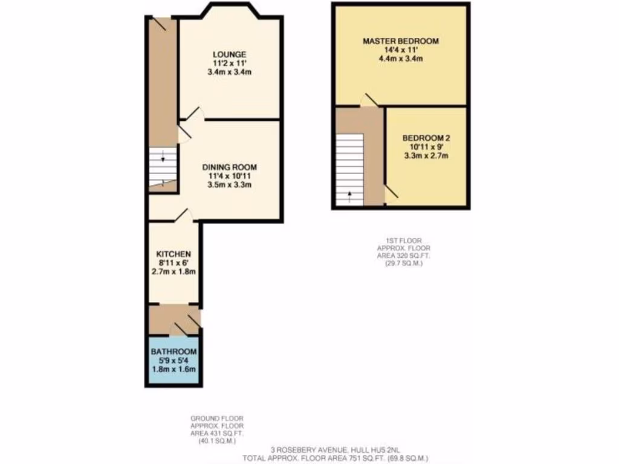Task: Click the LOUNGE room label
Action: coord(229,54)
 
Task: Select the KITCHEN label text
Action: coord(173,254)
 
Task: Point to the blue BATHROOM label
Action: coord(173,352)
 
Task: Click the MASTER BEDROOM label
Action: coord(400,42)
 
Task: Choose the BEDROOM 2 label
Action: coord(426,138)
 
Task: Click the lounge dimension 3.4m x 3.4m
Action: coord(229,72)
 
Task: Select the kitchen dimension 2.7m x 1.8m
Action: coord(173,272)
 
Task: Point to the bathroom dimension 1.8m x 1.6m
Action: coord(173,370)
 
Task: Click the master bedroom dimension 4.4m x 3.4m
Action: coord(400,59)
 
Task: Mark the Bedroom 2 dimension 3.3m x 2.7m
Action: coord(426,155)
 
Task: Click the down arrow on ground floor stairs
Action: coord(163,160)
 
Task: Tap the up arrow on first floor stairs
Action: coord(349,195)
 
